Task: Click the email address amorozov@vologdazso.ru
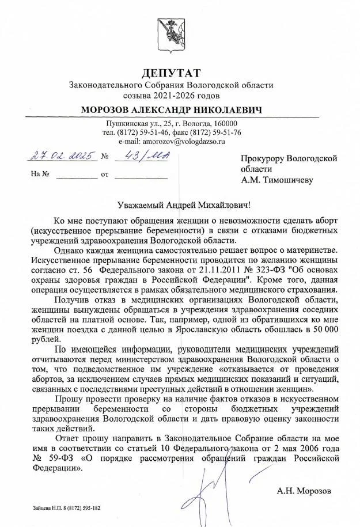pos(172,141)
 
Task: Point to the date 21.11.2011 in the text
pos(200,269)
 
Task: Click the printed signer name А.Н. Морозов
pos(304,491)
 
